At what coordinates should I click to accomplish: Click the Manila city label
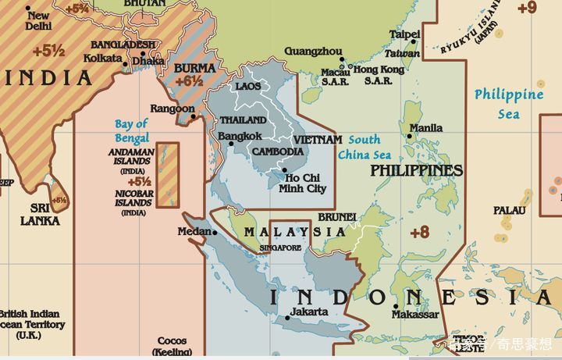[426, 128]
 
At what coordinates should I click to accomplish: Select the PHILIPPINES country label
[416, 170]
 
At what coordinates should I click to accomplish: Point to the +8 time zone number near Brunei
[420, 232]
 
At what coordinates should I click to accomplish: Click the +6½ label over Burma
[189, 80]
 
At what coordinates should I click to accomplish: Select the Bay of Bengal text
[131, 130]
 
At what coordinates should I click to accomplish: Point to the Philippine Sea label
[508, 103]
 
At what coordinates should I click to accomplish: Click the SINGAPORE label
[280, 248]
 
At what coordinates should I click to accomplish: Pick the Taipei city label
[404, 35]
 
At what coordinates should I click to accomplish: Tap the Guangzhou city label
[312, 51]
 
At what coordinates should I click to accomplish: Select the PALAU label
[509, 210]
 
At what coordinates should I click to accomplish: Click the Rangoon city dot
[193, 119]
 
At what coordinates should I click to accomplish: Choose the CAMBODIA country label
[278, 151]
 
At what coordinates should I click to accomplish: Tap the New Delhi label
[38, 20]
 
